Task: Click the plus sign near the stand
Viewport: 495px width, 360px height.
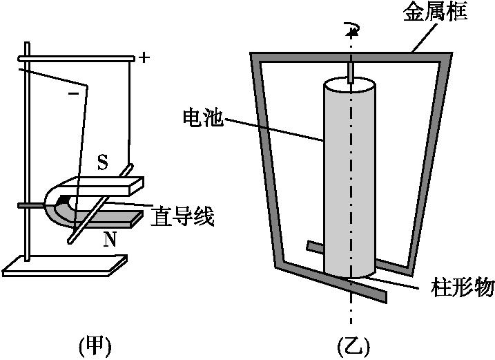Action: pos(144,57)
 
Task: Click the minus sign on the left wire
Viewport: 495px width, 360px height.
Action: pos(74,91)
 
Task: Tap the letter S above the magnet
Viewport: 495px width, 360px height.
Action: pos(103,162)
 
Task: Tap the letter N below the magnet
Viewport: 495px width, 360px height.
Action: pos(109,240)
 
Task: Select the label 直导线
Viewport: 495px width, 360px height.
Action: pos(182,217)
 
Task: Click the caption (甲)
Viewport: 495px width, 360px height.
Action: pos(95,343)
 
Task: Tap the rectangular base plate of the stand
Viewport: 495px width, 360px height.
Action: pos(66,264)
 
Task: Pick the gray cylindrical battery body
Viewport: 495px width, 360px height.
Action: pos(351,180)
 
